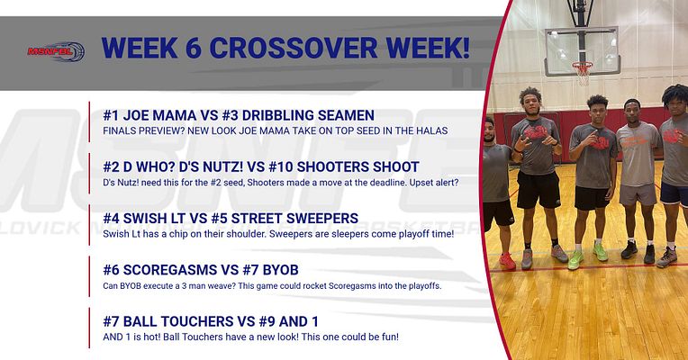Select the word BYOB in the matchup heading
coord(290,269)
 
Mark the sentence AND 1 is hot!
coord(135,337)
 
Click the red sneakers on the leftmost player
coord(507,262)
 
